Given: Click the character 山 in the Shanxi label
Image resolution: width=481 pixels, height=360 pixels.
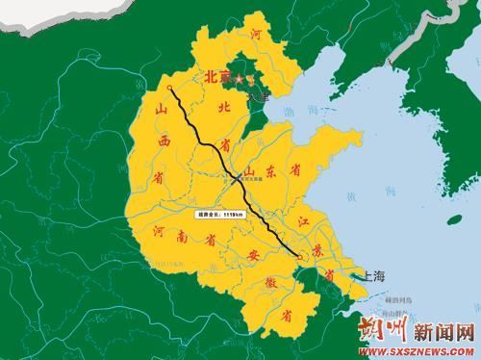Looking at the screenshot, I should click(162, 113).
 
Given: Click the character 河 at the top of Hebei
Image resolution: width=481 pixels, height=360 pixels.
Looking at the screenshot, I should click(255, 35).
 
